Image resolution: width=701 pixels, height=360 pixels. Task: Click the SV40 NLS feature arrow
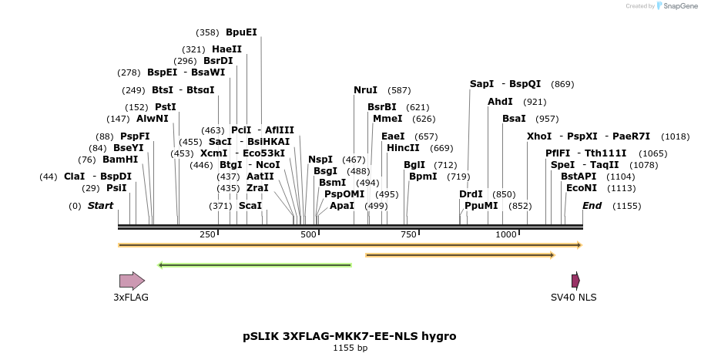click(575, 281)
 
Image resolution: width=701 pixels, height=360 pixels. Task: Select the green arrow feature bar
click(254, 265)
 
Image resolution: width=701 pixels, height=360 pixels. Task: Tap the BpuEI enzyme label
click(241, 32)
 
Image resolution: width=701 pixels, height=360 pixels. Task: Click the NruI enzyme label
click(366, 90)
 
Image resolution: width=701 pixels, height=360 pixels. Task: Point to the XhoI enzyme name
click(539, 136)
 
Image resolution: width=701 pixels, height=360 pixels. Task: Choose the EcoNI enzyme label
click(581, 188)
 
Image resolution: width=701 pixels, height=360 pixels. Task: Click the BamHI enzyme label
click(120, 160)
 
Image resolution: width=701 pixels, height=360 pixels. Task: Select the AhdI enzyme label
click(500, 102)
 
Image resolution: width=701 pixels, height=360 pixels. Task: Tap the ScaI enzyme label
click(250, 206)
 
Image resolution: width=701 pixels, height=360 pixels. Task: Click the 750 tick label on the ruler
click(408, 234)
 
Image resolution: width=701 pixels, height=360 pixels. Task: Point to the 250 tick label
click(207, 234)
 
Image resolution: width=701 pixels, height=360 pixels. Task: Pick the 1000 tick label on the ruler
click(505, 234)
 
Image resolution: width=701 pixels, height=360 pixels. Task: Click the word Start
click(100, 206)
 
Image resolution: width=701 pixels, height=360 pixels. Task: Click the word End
click(592, 206)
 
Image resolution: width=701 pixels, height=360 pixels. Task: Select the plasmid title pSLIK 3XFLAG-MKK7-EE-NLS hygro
click(349, 336)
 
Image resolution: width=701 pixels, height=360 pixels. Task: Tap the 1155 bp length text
click(350, 348)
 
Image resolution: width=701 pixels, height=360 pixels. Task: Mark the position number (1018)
click(676, 136)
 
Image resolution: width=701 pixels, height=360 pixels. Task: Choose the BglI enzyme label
click(414, 165)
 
